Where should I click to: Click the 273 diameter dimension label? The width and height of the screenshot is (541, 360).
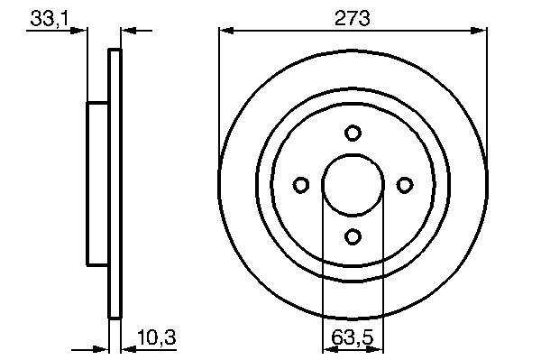pos(353,18)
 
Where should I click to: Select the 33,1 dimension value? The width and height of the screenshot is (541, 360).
pos(50,18)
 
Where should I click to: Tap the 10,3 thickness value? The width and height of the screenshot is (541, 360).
pos(157,337)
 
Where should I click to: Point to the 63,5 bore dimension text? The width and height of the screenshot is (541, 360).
pos(353,337)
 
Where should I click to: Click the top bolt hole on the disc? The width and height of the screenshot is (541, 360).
pos(353,133)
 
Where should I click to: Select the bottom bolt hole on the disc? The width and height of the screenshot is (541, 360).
pos(353,236)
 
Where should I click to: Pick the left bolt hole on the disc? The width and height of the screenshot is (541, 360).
pos(301,185)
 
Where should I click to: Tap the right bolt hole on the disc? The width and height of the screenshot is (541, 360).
pos(404,185)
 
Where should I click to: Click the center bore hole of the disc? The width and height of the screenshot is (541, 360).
pos(353,185)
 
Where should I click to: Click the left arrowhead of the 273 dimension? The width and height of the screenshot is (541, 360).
pos(226,31)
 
